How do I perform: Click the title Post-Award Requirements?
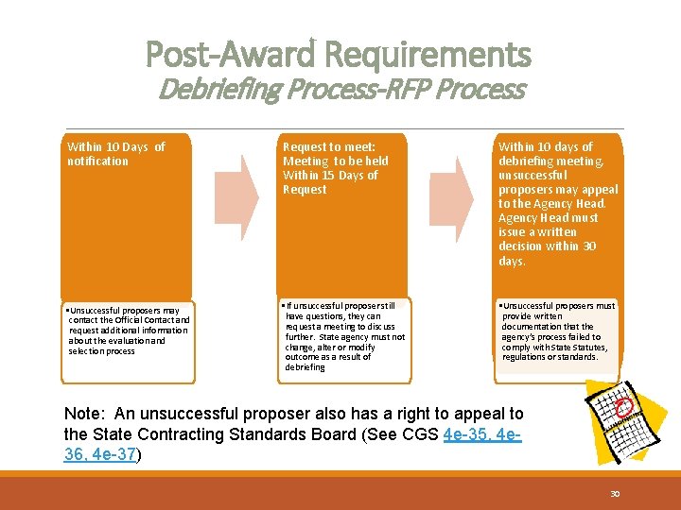(x=339, y=54)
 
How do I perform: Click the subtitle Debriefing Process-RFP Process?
(x=341, y=90)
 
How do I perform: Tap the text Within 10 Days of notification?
(x=115, y=154)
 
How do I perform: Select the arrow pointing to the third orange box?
(x=463, y=197)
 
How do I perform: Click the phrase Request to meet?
(x=329, y=146)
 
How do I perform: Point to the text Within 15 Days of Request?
(x=330, y=182)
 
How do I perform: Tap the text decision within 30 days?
(x=547, y=253)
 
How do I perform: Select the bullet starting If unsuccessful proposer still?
(x=344, y=335)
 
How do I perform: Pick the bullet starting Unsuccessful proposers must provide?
(x=558, y=331)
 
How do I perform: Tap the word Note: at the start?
(x=86, y=415)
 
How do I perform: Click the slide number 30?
(x=614, y=494)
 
